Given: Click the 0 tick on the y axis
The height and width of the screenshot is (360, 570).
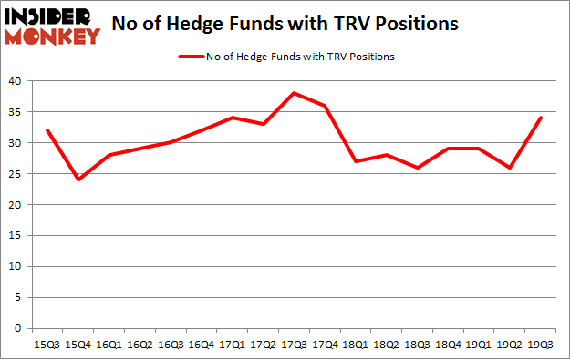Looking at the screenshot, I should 20,328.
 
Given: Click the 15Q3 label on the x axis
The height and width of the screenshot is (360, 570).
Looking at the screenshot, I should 47,345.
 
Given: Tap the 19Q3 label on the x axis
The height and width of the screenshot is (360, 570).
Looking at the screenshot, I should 540,345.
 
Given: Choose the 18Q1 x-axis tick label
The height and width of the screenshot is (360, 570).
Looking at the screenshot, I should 355,345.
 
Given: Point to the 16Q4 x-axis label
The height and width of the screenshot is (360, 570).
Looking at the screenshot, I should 201,345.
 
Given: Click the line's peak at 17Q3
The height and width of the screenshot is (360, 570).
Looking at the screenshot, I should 294,93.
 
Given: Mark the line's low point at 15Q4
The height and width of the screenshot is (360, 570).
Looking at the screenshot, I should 78,180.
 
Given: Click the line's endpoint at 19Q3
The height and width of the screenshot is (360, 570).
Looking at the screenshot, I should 540,118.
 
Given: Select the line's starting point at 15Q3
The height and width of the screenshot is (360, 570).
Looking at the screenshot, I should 47,130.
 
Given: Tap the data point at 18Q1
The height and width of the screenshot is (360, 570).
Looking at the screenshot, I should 355,161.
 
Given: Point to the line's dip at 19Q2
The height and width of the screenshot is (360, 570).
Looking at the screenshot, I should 509,168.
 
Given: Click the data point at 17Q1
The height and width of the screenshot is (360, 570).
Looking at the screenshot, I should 232,118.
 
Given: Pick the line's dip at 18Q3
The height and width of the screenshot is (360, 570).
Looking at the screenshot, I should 417,168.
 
